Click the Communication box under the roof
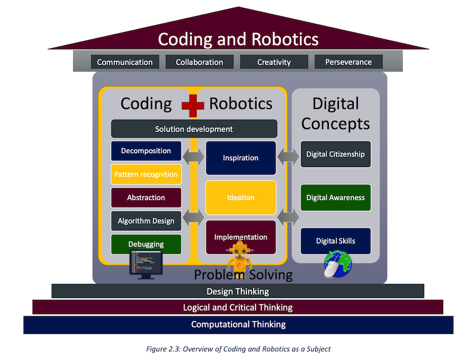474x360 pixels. tap(125, 62)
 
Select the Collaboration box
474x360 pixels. tap(200, 62)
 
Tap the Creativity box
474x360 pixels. tap(274, 62)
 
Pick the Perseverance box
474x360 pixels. tap(348, 62)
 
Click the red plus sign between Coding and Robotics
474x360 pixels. tap(193, 106)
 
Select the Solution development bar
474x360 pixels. tap(194, 129)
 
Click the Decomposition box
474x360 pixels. tap(146, 151)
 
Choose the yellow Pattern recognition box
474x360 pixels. tap(146, 174)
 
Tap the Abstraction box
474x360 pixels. tap(146, 198)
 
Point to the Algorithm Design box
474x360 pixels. tap(146, 221)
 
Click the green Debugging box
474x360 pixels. tap(146, 244)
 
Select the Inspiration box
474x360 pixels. tap(241, 158)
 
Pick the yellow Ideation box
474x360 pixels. tap(241, 198)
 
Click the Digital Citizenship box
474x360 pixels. tap(335, 154)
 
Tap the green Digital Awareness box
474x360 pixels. tap(335, 198)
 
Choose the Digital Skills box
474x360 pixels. tap(335, 241)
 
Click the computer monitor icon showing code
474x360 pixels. tap(146, 265)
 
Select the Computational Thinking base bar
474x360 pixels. tap(239, 324)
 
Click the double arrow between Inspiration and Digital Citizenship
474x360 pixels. tap(288, 157)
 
